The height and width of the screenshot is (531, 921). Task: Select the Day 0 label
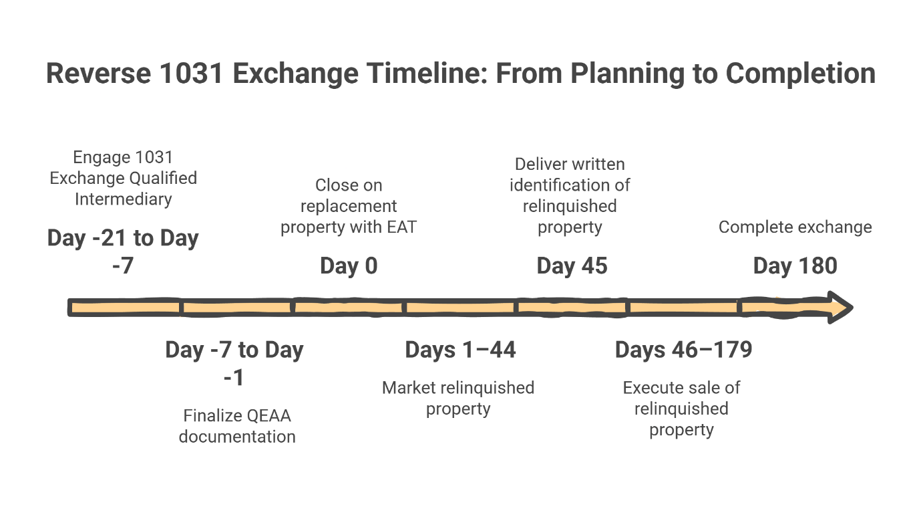pos(349,266)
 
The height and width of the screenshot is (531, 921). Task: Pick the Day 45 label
pos(572,266)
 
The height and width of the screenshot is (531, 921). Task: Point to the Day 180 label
pos(795,266)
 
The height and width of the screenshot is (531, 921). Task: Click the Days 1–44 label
pos(460,350)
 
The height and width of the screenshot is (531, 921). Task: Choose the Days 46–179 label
pos(683,350)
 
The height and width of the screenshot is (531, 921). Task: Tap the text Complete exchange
pos(795,227)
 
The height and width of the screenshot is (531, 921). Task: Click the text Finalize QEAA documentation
pos(237,426)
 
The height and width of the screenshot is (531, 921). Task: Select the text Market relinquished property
pos(458,398)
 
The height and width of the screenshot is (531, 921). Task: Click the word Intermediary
pos(124,199)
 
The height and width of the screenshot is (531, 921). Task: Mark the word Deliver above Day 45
pos(541,164)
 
